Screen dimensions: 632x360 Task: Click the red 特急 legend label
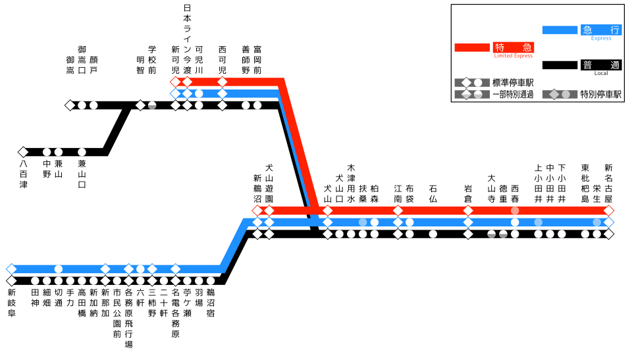click(x=513, y=47)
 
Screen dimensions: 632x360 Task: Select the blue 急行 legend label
click(x=601, y=30)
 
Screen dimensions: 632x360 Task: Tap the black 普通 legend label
click(x=601, y=65)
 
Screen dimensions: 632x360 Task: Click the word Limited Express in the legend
click(x=513, y=56)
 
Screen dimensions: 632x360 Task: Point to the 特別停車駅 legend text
click(x=600, y=94)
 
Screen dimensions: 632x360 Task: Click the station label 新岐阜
click(x=12, y=303)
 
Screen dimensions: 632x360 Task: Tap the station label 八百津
click(x=24, y=174)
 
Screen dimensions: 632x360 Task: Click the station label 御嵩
click(x=70, y=65)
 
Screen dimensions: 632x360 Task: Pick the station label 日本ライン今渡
click(x=187, y=39)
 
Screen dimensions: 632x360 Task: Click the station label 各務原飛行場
click(x=128, y=319)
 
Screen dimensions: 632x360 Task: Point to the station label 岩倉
click(x=468, y=193)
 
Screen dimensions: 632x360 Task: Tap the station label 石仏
click(x=433, y=193)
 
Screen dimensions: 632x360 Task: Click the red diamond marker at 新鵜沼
click(x=257, y=211)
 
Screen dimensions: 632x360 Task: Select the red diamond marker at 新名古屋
click(x=608, y=211)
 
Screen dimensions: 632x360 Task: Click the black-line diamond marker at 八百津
click(x=23, y=152)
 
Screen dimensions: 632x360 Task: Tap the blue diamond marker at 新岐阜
click(x=11, y=269)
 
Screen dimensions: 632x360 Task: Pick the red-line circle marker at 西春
click(x=515, y=211)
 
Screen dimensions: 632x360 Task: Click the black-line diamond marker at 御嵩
click(x=70, y=105)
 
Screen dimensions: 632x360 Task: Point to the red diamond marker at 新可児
click(x=175, y=82)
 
